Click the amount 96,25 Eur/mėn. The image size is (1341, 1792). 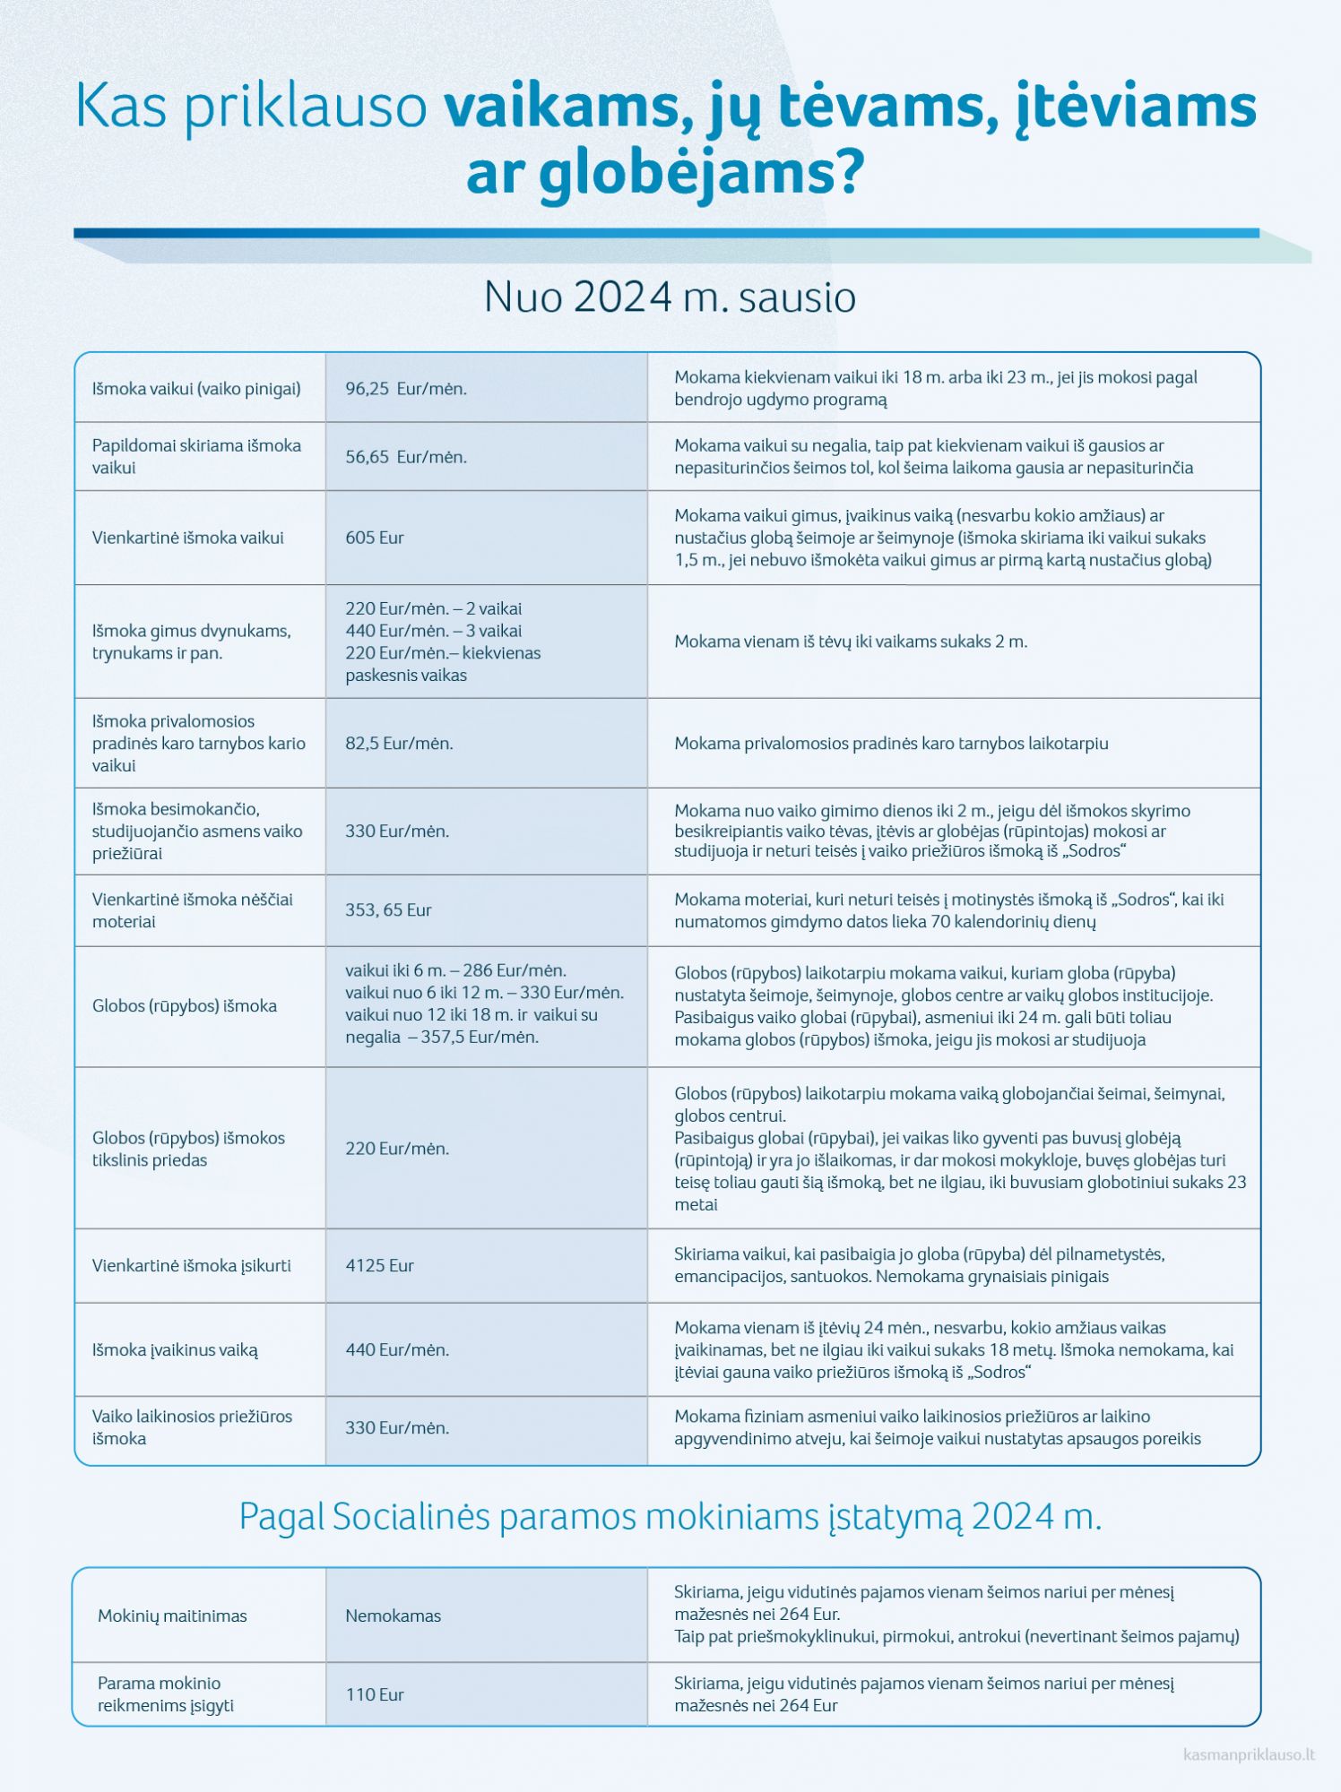coord(406,389)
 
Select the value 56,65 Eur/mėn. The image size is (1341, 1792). coord(406,457)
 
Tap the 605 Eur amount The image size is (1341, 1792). coord(375,538)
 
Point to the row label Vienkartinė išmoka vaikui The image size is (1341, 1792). coord(187,538)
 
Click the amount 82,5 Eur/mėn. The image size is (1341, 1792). coord(399,744)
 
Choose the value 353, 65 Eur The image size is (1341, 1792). coord(388,910)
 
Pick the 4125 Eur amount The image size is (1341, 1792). coord(379,1266)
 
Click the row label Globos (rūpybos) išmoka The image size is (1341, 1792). coord(184,1006)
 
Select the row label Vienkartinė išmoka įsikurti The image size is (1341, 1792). coord(191,1266)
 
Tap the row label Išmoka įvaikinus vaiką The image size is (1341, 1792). coord(175,1350)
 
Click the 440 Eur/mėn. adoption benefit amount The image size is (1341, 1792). coord(397,1350)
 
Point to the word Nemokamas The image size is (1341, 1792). coord(393,1616)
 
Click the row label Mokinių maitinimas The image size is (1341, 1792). coord(172,1616)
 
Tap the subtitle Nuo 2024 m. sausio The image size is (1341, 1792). coord(670,297)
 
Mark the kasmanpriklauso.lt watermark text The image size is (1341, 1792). coord(1249,1755)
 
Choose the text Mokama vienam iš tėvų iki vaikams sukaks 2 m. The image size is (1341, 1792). coord(851,642)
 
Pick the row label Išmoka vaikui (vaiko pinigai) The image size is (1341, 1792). coord(196,389)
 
